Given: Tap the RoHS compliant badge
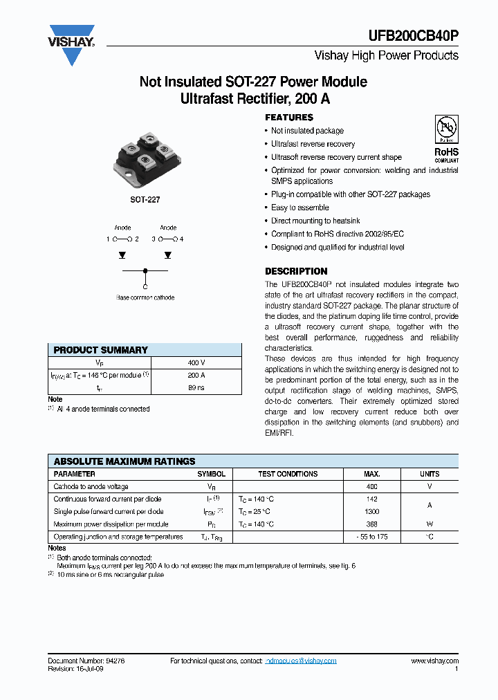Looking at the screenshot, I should pos(446,139).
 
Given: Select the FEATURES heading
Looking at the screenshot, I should pos(289,118).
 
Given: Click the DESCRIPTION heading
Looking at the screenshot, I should pos(296,271).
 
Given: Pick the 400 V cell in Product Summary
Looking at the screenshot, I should pos(196,362).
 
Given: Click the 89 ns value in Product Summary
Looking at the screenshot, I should pos(196,389).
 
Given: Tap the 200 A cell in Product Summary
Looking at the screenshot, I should pos(196,376).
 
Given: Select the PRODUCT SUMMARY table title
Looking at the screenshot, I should pos(101,350).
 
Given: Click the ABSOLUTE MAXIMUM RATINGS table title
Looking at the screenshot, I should pos(124,461).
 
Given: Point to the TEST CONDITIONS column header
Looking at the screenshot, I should pos(288,474).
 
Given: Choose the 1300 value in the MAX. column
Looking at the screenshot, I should pos(371,512).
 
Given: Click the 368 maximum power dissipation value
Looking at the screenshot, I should pos(371,524).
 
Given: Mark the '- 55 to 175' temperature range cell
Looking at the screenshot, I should pos(371,537).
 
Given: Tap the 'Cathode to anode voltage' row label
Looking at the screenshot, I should pos(91,487).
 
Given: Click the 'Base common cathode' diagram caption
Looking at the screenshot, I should pos(145,298).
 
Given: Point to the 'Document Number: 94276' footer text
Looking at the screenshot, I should pos(86,661).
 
